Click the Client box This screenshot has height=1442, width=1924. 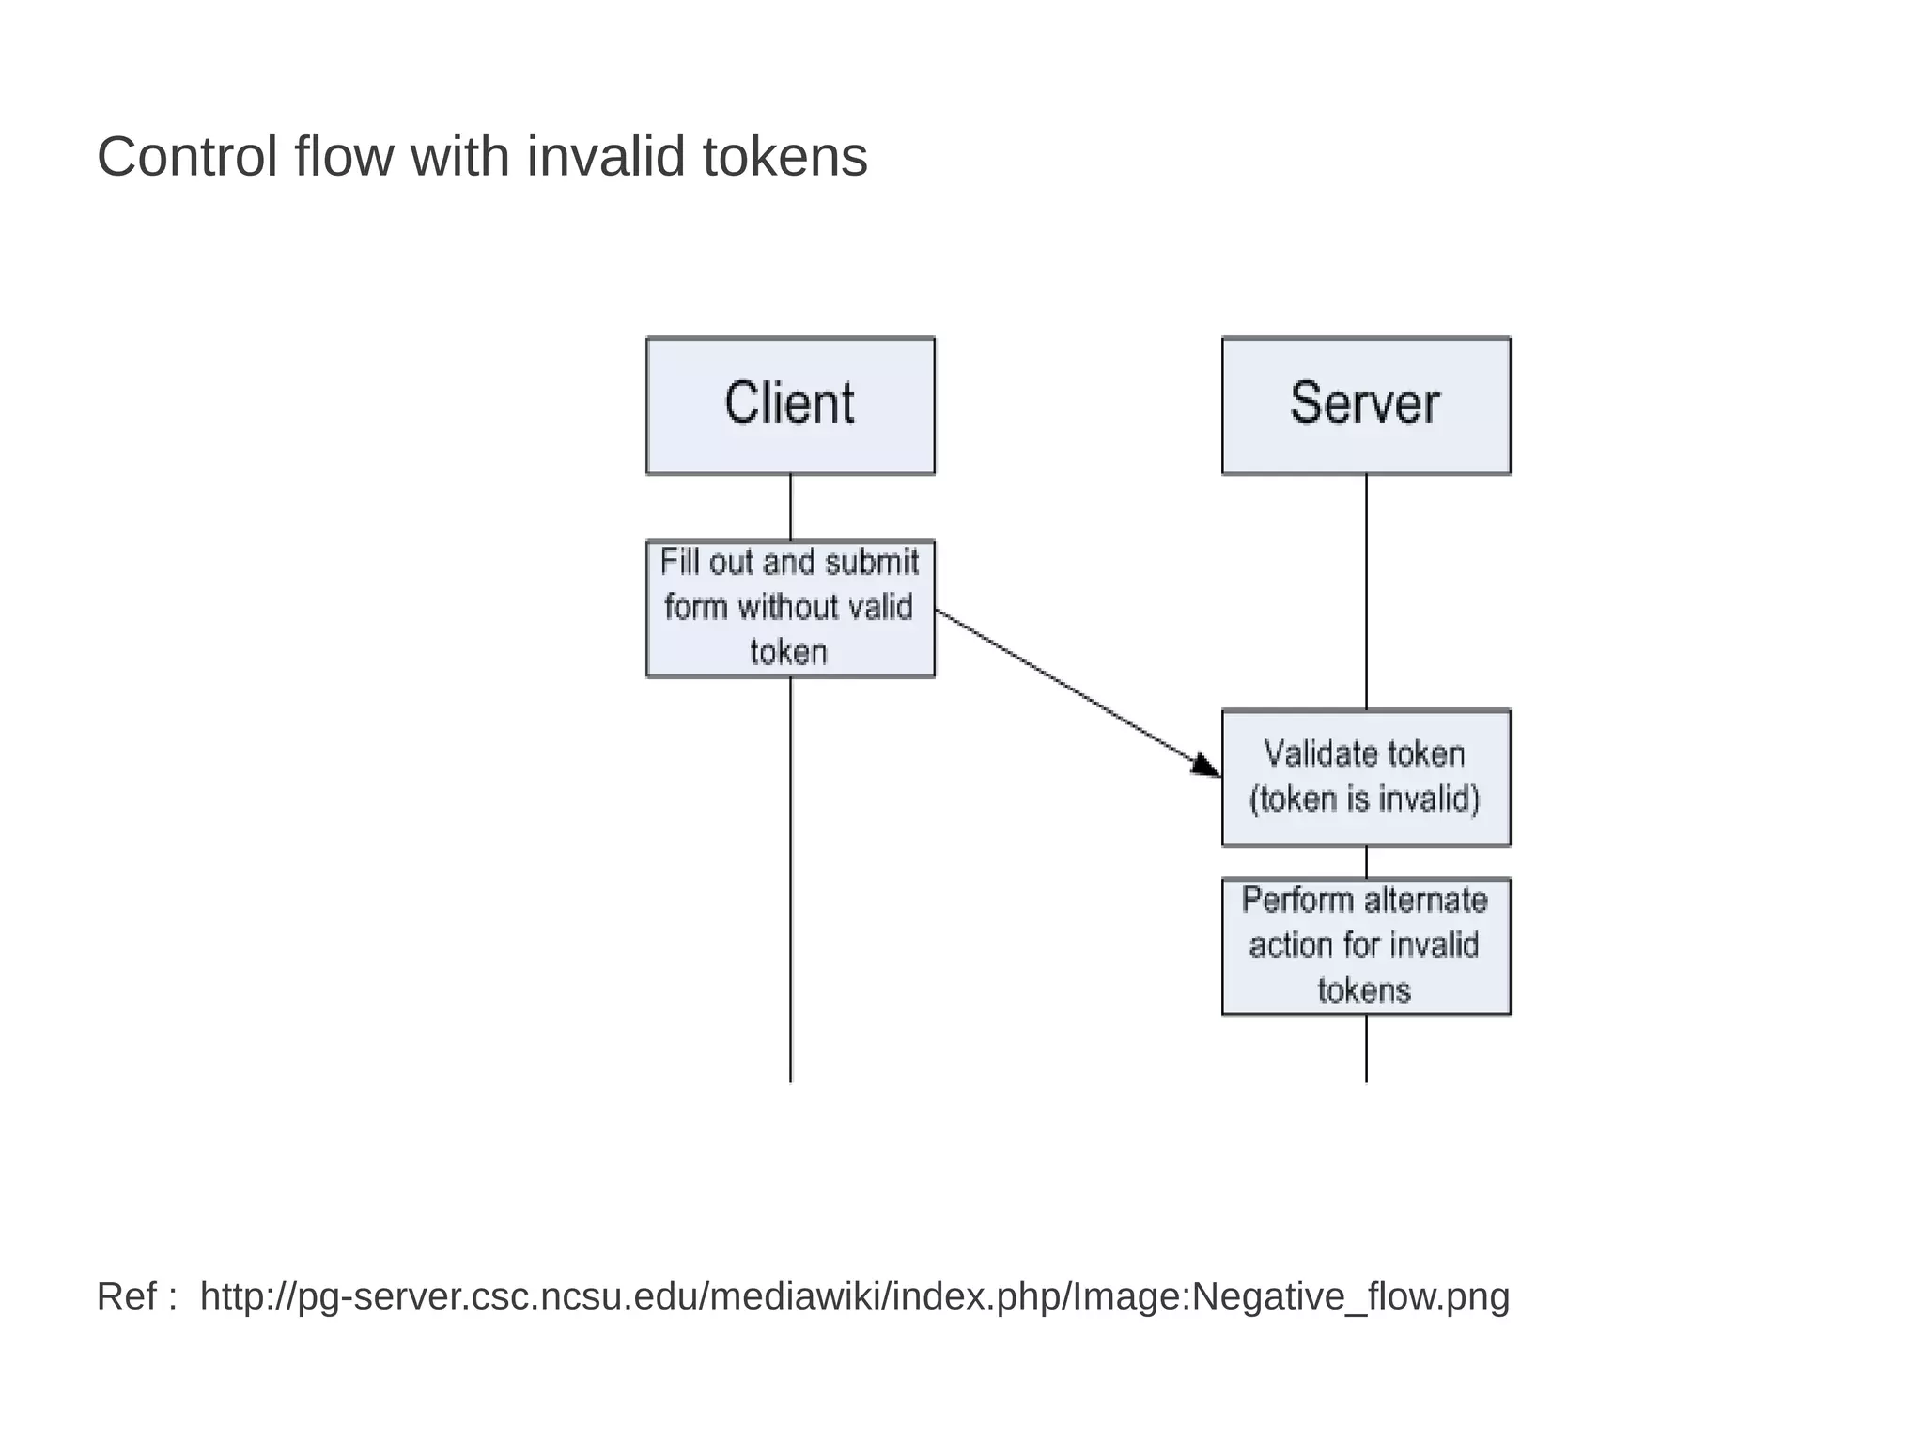[790, 405]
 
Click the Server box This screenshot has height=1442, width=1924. [1365, 405]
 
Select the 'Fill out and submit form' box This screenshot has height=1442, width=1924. [790, 608]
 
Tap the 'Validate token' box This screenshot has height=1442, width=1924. [1365, 777]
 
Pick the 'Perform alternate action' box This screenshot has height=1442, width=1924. [1365, 946]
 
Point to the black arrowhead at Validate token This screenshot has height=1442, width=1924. [1205, 765]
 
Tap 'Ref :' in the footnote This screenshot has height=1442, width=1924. [137, 1296]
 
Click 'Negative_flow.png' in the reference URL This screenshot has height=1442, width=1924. [1350, 1296]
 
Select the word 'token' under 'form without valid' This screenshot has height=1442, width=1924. [788, 652]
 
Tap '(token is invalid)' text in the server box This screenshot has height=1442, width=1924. [1364, 799]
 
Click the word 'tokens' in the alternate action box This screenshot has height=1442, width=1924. [1364, 991]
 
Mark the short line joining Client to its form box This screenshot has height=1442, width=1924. [790, 507]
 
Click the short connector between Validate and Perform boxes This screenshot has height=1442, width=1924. [1366, 862]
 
